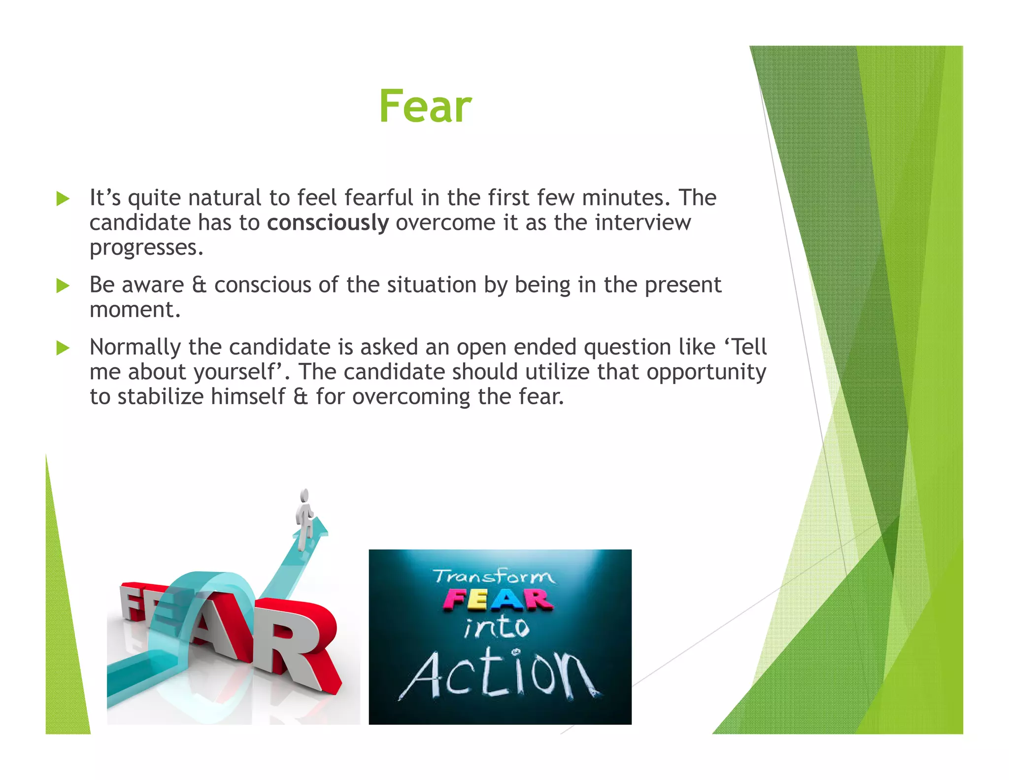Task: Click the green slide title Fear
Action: (425, 106)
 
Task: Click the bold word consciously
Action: (328, 223)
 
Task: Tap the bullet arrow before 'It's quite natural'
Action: (63, 199)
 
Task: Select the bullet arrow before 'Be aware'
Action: (63, 285)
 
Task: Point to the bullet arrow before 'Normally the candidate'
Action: (63, 348)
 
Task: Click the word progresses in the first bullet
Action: (146, 248)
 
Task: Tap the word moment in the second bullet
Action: (135, 310)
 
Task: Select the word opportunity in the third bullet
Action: (706, 372)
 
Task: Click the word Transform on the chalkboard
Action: (494, 576)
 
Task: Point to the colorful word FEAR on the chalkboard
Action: (498, 601)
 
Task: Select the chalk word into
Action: (497, 628)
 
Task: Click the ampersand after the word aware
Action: (199, 285)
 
